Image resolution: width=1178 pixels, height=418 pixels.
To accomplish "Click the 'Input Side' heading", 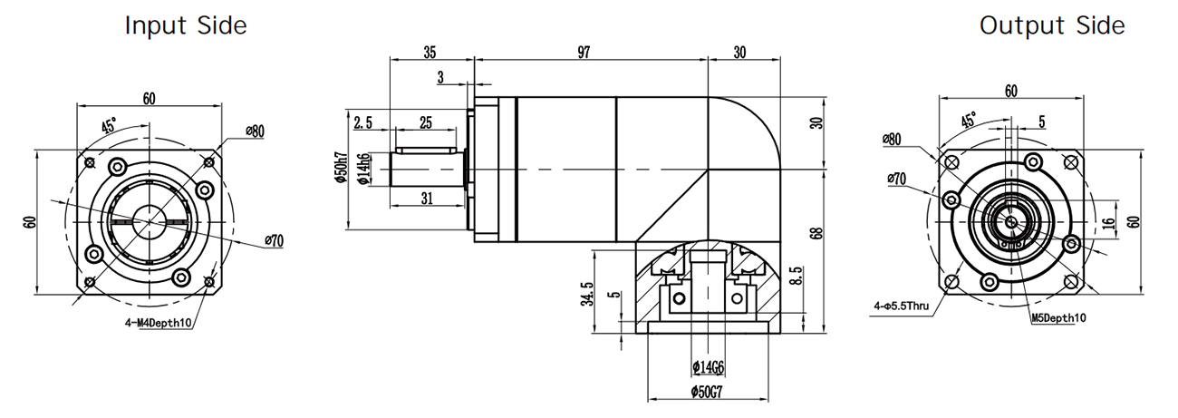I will tap(185, 26).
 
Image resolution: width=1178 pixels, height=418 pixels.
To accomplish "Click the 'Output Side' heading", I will tap(1052, 26).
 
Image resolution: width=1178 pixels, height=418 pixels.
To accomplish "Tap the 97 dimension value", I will tap(582, 53).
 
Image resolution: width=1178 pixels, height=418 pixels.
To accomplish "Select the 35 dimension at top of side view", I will tap(430, 53).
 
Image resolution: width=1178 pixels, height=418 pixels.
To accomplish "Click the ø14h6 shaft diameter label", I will tap(363, 169).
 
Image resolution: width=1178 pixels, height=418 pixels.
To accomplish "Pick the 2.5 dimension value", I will tap(364, 122).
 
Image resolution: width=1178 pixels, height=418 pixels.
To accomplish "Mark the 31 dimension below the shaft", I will tap(428, 197).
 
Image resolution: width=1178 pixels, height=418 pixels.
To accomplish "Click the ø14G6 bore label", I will tap(709, 367).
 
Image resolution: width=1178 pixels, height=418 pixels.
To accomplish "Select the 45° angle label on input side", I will tap(109, 126).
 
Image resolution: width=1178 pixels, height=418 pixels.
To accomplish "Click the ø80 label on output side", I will tap(892, 139).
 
